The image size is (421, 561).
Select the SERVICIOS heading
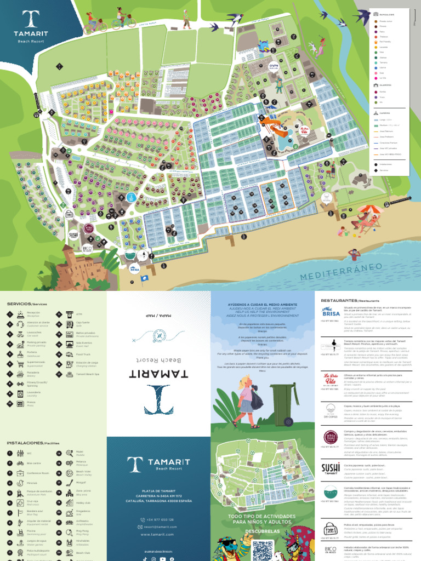[26, 304]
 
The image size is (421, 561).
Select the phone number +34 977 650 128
[160, 519]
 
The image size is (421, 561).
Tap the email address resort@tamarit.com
[160, 526]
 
